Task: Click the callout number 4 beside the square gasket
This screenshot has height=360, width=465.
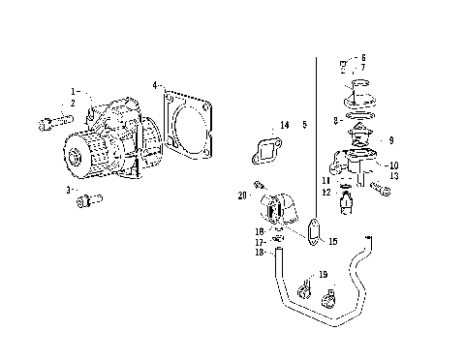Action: click(x=155, y=86)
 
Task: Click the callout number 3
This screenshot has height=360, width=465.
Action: click(x=69, y=191)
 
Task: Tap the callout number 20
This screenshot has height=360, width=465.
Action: click(x=241, y=195)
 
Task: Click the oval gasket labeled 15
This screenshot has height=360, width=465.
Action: click(x=312, y=233)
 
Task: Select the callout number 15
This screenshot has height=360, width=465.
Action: click(x=332, y=242)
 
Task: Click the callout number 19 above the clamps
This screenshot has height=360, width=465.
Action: click(x=323, y=275)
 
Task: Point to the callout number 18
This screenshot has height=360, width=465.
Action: click(x=260, y=253)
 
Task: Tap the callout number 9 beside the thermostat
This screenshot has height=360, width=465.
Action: click(x=390, y=140)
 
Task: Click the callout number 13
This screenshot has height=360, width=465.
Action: click(x=393, y=177)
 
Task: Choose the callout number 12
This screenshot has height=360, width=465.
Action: click(x=326, y=193)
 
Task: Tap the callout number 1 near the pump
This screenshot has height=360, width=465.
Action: click(x=71, y=90)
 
